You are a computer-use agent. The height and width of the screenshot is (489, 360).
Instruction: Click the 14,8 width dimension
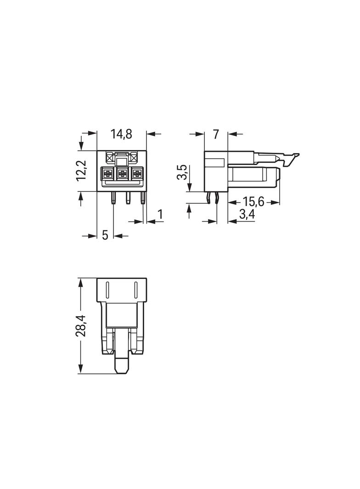click(122, 134)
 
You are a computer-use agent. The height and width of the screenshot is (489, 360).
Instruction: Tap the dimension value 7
click(216, 134)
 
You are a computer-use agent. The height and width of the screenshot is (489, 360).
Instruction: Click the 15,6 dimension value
click(253, 202)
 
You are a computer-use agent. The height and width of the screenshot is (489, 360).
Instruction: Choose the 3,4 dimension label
click(247, 215)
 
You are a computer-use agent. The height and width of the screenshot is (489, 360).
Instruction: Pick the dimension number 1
click(160, 215)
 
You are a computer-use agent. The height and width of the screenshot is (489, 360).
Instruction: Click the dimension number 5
click(105, 235)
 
